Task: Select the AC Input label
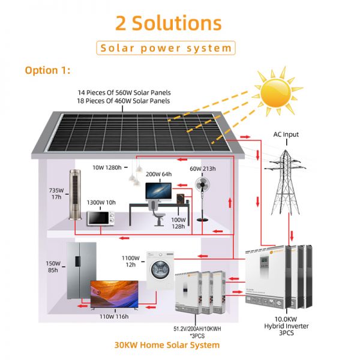(x=286, y=134)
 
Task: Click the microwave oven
(x=101, y=218)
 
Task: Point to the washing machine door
(x=160, y=270)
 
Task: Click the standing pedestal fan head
(x=202, y=184)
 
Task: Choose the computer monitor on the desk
(x=158, y=192)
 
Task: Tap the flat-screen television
(x=115, y=294)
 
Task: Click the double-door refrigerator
(x=82, y=271)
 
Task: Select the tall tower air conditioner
(x=76, y=194)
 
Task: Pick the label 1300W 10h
(x=101, y=203)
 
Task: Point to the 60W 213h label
(x=203, y=169)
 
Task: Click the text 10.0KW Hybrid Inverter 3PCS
(x=286, y=326)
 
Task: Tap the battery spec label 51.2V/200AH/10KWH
(x=197, y=329)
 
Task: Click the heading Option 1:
(x=47, y=70)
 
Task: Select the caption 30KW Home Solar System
(x=167, y=345)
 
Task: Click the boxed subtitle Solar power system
(x=166, y=48)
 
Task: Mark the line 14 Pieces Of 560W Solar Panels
(x=124, y=93)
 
